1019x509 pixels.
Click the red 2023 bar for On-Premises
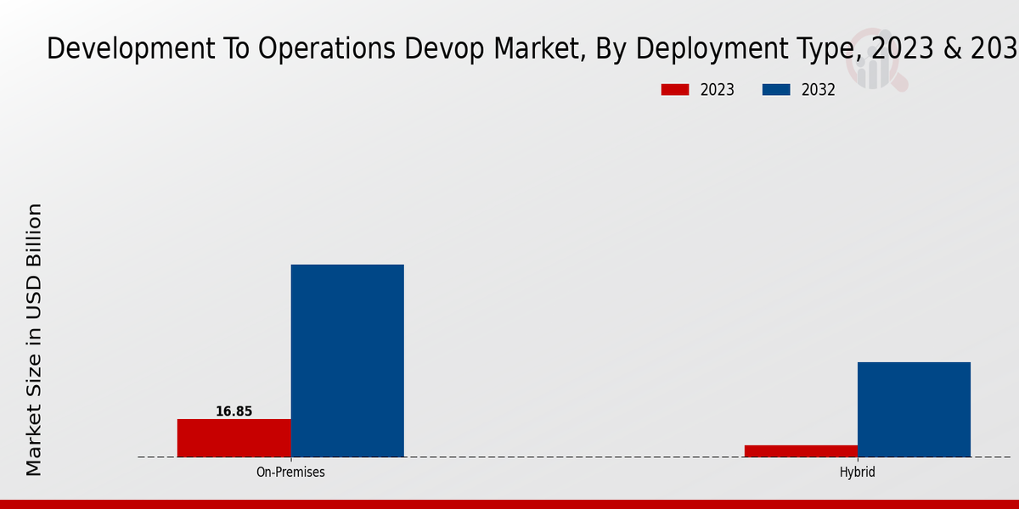234,438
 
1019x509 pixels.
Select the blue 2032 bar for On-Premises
347,361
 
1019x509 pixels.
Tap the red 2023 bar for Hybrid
801,450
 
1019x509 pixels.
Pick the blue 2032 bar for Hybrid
914,409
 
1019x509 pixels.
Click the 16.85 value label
234,411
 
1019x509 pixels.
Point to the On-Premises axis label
290,473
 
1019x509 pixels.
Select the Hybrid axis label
857,473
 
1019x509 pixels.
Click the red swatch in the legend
675,90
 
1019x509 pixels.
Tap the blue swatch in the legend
776,90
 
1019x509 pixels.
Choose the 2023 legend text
718,90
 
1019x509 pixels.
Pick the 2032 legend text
819,90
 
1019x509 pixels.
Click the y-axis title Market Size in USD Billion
34,339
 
